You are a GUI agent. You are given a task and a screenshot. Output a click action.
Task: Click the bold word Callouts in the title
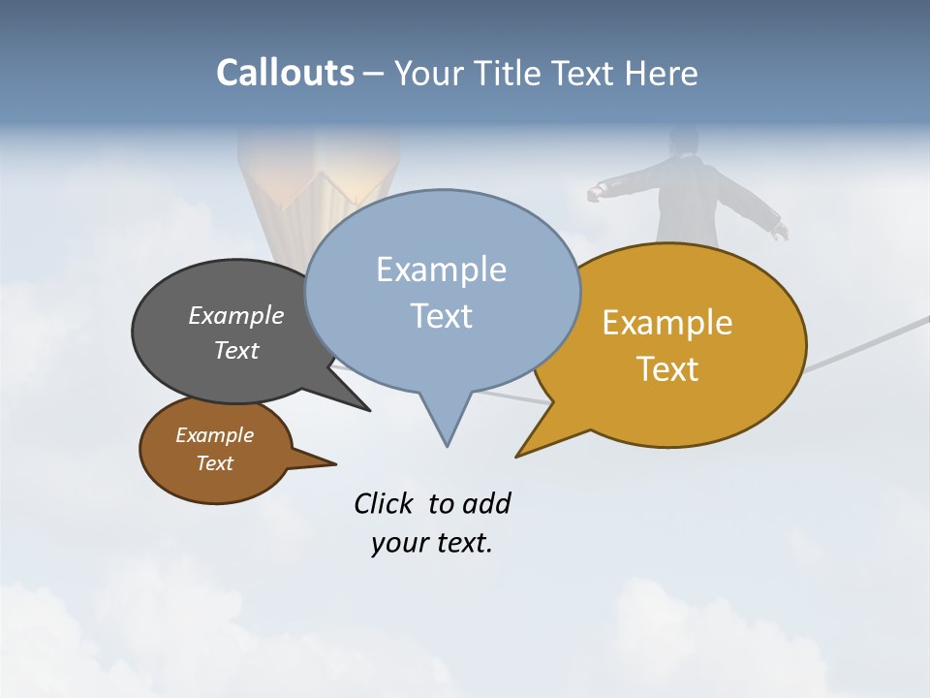tap(285, 73)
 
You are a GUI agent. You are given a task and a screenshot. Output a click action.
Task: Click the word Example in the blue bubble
tap(441, 270)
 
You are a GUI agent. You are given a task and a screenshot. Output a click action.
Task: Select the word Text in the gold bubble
tap(667, 369)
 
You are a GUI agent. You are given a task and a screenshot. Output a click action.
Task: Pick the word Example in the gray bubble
tap(236, 316)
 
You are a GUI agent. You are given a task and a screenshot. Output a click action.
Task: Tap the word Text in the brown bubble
tap(215, 463)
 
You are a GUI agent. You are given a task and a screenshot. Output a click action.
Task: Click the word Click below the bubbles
tap(383, 503)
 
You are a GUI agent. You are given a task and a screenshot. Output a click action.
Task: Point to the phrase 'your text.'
tap(431, 543)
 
